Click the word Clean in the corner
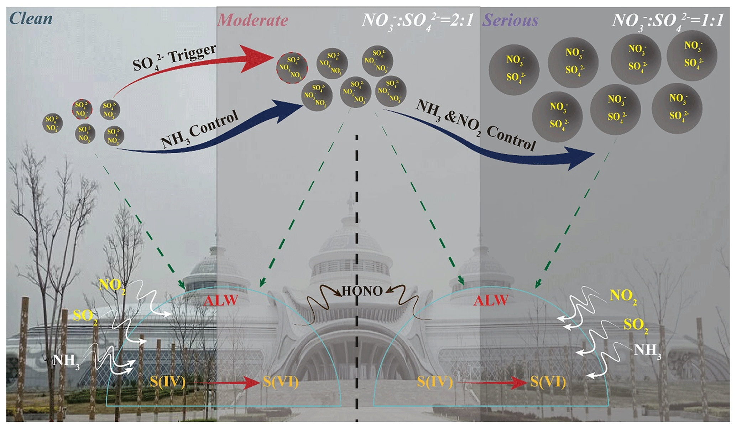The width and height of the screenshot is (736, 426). point(31,19)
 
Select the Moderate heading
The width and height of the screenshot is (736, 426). point(252,20)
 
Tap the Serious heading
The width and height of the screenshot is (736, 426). point(510,20)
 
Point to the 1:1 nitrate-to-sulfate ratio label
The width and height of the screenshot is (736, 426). point(668,21)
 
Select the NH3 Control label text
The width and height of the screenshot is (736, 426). point(199,130)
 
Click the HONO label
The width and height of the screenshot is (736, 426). point(362,291)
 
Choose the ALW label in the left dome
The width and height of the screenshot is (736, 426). point(221,301)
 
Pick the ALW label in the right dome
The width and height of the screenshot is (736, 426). point(491,301)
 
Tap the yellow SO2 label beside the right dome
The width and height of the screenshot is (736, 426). point(636,325)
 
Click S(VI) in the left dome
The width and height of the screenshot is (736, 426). point(281,382)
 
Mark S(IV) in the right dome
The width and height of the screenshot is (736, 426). point(435,382)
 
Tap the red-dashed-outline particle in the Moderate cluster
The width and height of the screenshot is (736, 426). point(292,68)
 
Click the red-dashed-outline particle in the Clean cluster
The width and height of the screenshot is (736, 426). point(82,109)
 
